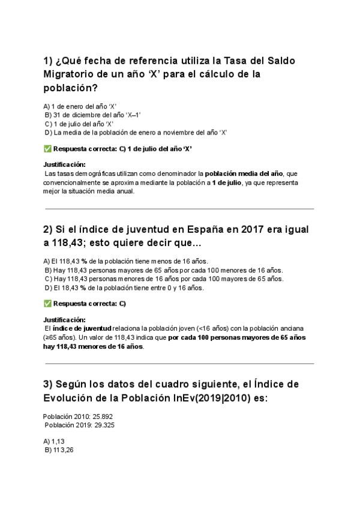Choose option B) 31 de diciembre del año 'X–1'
(93, 115)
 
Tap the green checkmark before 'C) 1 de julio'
(47, 148)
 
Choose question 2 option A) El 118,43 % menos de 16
(126, 261)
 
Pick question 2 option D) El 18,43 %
(124, 288)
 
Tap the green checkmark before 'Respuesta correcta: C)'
(47, 303)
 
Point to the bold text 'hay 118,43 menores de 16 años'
(94, 346)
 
